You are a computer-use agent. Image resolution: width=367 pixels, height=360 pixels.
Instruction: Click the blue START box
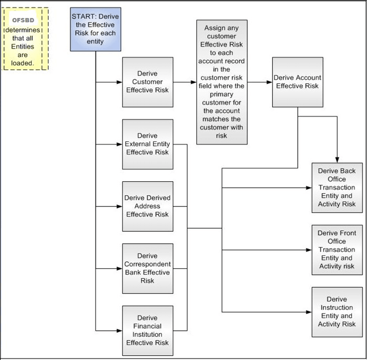pos(95,29)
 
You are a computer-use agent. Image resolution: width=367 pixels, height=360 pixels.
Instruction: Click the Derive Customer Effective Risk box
pos(147,82)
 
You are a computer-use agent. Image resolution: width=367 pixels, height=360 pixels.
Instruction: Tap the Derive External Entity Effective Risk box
pos(147,144)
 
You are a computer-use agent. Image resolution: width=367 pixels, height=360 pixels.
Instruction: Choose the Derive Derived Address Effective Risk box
pos(147,206)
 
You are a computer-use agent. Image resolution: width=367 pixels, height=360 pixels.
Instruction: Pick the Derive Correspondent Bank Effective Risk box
pos(147,268)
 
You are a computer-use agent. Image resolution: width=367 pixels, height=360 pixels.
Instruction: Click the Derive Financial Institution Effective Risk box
pos(147,330)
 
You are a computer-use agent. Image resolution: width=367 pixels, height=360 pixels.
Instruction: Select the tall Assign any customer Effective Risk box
pos(222,82)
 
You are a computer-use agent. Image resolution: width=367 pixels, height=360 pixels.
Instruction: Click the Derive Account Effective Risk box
pos(298,82)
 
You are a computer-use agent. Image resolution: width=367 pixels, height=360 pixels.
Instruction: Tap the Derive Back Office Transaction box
pos(336,188)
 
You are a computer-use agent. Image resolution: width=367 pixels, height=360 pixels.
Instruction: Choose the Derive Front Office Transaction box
pos(336,250)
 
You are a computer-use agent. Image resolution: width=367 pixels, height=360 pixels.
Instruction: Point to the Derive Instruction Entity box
pos(336,311)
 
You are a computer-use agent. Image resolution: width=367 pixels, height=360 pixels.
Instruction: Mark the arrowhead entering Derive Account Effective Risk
pos(270,82)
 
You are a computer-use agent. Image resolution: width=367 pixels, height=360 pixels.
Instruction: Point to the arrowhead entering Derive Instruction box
pos(309,311)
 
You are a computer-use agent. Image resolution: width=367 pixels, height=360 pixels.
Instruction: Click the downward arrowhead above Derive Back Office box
pos(337,159)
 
